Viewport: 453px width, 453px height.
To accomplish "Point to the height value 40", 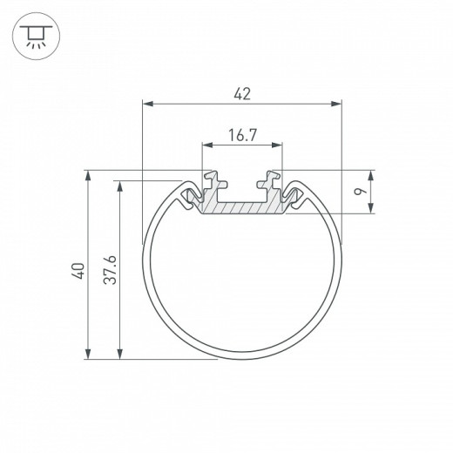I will pos(78,270).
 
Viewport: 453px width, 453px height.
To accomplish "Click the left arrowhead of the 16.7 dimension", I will pos(206,145).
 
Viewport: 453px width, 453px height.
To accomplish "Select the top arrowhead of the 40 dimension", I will pos(88,174).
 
